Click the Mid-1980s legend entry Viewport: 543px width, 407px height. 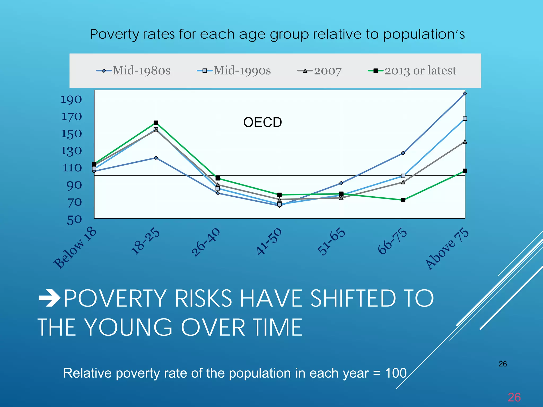click(133, 70)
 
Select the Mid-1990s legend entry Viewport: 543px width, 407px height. click(234, 70)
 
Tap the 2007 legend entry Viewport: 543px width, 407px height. click(320, 71)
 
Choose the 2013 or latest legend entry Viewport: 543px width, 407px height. click(413, 70)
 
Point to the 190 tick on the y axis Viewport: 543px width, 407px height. click(71, 99)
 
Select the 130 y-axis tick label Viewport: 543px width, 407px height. click(71, 151)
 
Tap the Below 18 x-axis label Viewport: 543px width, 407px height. click(75, 248)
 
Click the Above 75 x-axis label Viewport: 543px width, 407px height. click(447, 249)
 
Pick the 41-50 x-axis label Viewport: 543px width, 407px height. click(269, 241)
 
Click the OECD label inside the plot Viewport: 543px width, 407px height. click(262, 122)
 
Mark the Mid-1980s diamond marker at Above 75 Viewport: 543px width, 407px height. click(465, 94)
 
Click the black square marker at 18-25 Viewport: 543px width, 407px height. click(156, 123)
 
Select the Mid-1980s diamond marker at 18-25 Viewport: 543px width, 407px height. click(156, 158)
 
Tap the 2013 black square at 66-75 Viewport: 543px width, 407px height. click(403, 200)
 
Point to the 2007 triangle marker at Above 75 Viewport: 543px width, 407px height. click(465, 142)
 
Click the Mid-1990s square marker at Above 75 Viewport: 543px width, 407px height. click(465, 119)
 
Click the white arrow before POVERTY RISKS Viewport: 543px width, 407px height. click(50, 298)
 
